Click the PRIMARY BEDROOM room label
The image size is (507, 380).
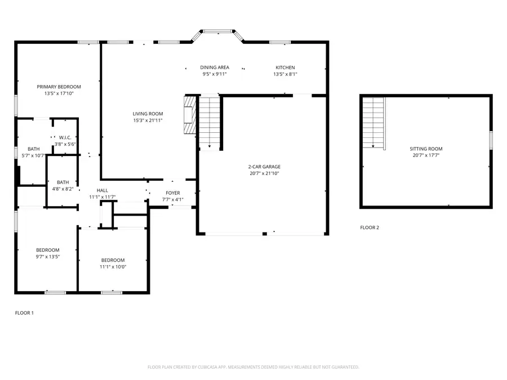pyautogui.click(x=59, y=87)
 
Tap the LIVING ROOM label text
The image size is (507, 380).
pyautogui.click(x=148, y=114)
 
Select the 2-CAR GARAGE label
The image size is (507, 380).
pyautogui.click(x=264, y=167)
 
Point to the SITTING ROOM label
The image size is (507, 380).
pyautogui.click(x=426, y=149)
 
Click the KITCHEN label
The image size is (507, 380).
pyautogui.click(x=284, y=68)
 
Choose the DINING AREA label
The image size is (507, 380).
pyautogui.click(x=215, y=68)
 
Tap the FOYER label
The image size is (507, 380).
pyautogui.click(x=172, y=193)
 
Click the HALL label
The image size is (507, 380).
pyautogui.click(x=102, y=190)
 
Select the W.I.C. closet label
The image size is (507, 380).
pyautogui.click(x=65, y=137)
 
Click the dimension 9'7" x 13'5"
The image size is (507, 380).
pyautogui.click(x=48, y=257)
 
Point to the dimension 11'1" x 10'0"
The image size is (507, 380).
pyautogui.click(x=113, y=267)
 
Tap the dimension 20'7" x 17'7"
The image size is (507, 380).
pyautogui.click(x=426, y=155)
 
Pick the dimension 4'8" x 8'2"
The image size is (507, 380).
pyautogui.click(x=63, y=189)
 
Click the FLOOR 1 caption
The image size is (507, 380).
pyautogui.click(x=24, y=312)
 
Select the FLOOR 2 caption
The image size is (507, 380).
pyautogui.click(x=370, y=227)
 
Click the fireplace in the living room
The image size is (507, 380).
pyautogui.click(x=190, y=114)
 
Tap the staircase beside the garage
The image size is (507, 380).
pyautogui.click(x=209, y=122)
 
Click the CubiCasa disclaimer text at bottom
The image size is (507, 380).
pyautogui.click(x=253, y=367)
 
